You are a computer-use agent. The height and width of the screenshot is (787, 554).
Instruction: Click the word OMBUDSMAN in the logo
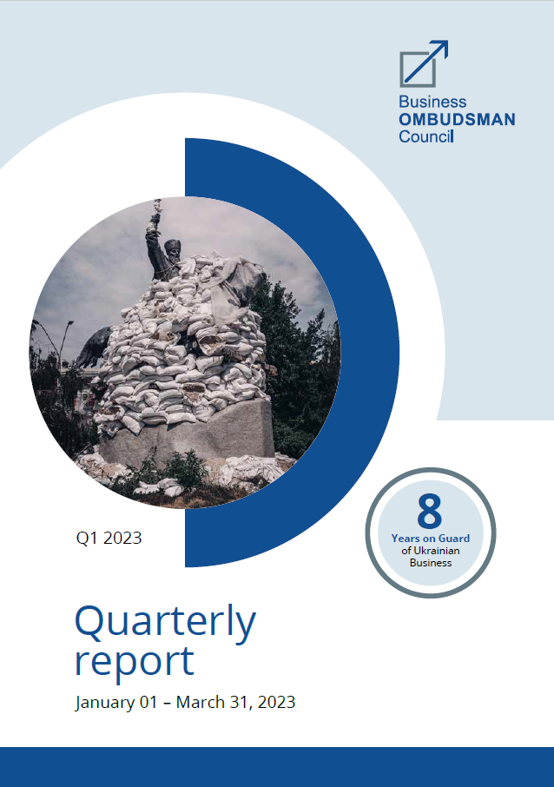coord(457,120)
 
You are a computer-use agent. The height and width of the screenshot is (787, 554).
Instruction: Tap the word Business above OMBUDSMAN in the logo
coord(432,102)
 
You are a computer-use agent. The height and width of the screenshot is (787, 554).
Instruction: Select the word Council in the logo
coord(426,136)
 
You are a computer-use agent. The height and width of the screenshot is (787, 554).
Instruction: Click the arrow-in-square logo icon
coord(424,63)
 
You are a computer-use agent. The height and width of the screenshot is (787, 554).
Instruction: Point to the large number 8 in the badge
coord(430,511)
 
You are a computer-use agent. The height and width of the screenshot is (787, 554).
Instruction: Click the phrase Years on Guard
coord(431,539)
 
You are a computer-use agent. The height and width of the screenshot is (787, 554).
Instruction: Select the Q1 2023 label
coord(109,538)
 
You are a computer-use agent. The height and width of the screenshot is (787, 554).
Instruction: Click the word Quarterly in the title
coord(165,623)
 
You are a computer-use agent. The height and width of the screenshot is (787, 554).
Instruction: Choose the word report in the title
coord(135,662)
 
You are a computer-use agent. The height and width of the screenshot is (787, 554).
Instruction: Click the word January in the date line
coord(105,702)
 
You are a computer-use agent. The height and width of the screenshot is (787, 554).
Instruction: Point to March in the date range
coord(201,702)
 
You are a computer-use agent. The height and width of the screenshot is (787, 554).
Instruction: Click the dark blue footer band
coord(277,767)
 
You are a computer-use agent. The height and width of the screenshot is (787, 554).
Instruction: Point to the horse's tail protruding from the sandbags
coord(94,347)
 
